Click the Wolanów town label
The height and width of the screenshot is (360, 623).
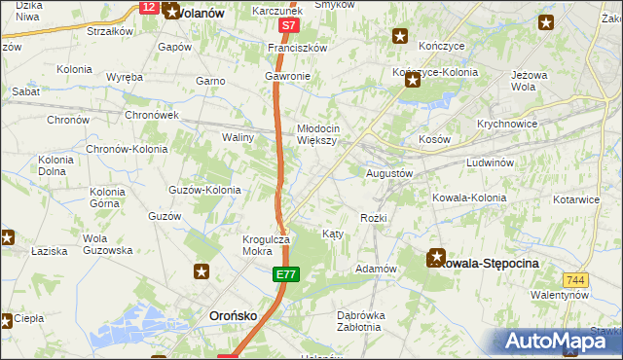(x=198, y=14)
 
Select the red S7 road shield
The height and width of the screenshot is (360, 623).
(x=287, y=25)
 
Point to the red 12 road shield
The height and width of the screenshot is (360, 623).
(x=148, y=7)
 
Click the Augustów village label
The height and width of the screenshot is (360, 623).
(x=390, y=173)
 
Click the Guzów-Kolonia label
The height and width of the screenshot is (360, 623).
(x=204, y=190)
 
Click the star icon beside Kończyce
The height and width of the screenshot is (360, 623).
(x=399, y=37)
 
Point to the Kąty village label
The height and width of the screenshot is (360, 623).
(x=332, y=234)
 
